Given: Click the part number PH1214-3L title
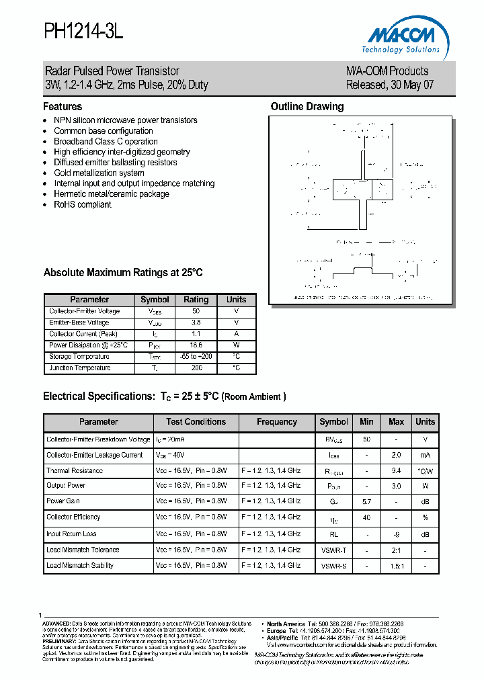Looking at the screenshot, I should tap(84, 32).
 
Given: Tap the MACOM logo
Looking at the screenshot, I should tap(403, 39).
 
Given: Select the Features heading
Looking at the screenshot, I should tap(63, 107).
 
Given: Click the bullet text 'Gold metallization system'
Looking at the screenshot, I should tap(99, 173).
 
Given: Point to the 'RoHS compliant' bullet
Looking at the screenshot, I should tap(83, 204).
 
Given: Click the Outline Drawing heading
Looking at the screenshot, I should tap(307, 107).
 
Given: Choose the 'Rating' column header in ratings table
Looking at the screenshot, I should tap(196, 300).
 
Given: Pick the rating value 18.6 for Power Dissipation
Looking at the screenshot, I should tap(196, 345).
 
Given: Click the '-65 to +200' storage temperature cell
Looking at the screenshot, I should tap(196, 357).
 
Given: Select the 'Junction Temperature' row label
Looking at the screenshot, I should tap(80, 368).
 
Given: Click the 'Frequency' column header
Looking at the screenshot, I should tap(277, 422).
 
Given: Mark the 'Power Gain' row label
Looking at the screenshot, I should tap(64, 501).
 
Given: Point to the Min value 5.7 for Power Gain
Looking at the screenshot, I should tap(366, 501).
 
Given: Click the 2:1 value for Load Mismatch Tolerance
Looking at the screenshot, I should tap(397, 550).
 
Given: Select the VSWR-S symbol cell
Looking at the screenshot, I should tap(333, 566).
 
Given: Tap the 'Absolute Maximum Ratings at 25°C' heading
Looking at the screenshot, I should tap(123, 273).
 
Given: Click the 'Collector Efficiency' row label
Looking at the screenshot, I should tap(73, 517).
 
